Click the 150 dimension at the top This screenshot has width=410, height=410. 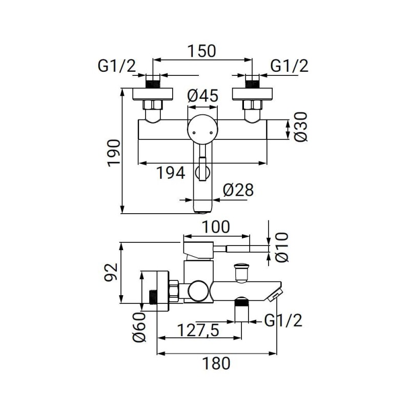click(203, 51)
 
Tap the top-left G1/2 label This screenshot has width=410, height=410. click(116, 66)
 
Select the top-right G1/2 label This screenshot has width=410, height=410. click(289, 66)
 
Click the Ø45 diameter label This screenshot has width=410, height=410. click(203, 96)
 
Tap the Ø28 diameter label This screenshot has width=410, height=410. click(238, 190)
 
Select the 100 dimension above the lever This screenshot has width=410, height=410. click(216, 227)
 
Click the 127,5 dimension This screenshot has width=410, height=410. click(198, 331)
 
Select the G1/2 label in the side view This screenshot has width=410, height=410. click(283, 321)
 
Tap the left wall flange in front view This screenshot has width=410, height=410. click(153, 94)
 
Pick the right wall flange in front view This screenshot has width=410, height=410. click(252, 94)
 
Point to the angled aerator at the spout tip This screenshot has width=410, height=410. click(275, 294)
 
